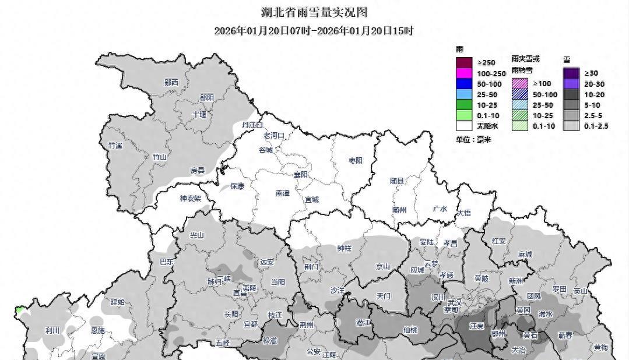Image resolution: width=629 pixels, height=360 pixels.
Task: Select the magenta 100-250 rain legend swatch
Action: tap(463, 73)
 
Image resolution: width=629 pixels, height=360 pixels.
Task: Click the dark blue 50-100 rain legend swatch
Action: tap(463, 84)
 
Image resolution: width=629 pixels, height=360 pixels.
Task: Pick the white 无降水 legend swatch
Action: tap(463, 125)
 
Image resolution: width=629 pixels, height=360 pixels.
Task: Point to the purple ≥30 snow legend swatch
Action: tap(571, 73)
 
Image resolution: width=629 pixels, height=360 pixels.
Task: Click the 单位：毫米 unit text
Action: tap(473, 140)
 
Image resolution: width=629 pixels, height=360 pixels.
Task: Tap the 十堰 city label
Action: tap(199, 115)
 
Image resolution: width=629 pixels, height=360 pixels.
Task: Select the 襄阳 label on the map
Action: tap(301, 175)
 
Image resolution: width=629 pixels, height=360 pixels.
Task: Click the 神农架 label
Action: tap(191, 199)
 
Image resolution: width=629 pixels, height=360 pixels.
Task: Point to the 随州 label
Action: tap(399, 210)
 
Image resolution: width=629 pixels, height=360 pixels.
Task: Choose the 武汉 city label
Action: tap(454, 302)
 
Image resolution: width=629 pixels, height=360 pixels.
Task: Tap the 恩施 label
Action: tap(98, 330)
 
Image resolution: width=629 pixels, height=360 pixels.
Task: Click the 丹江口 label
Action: tap(252, 125)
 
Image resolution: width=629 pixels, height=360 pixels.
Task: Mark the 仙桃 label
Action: tap(410, 330)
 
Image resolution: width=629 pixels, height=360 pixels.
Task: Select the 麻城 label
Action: tap(525, 255)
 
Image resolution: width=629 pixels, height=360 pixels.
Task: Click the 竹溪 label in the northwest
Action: tap(115, 146)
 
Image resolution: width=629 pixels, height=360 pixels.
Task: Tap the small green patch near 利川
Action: tap(20, 309)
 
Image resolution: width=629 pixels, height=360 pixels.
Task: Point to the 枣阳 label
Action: tap(356, 160)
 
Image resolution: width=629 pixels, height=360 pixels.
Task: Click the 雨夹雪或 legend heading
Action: tap(525, 59)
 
